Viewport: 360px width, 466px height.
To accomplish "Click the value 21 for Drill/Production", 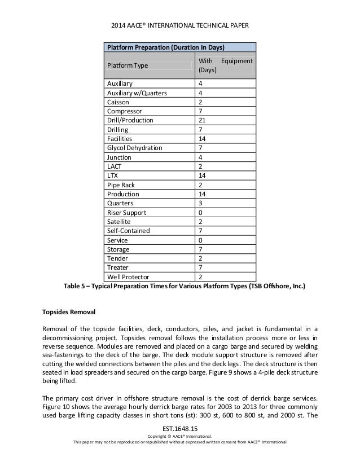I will coord(203,120).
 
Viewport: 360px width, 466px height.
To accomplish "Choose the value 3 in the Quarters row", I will coord(201,203).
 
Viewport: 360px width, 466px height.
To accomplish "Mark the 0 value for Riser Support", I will coord(201,213).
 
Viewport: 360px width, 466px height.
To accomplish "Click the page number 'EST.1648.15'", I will coord(180,429).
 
